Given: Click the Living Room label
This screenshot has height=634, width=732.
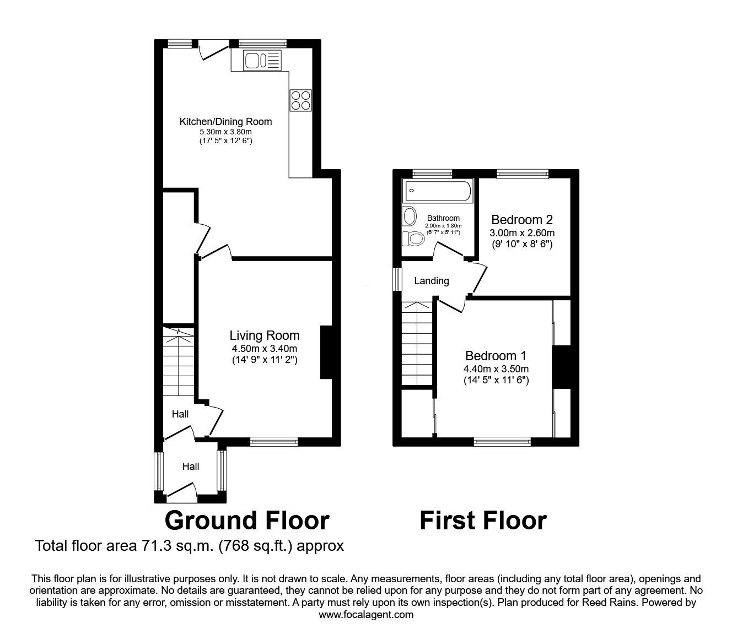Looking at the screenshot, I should [x=265, y=335].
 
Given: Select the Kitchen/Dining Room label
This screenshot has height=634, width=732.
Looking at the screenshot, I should [x=225, y=122].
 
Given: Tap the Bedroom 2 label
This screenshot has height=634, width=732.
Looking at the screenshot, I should [x=521, y=219].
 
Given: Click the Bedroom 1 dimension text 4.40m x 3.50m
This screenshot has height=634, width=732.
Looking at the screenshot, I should [x=496, y=369].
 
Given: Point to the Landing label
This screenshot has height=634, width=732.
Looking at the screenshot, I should [x=431, y=281].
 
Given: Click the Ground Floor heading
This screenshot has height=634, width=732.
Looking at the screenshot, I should [x=247, y=520].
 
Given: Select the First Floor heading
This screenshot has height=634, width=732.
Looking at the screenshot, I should [x=483, y=520].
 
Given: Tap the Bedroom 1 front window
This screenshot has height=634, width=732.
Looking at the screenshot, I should [x=502, y=441].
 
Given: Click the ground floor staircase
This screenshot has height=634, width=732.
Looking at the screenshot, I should [x=179, y=362].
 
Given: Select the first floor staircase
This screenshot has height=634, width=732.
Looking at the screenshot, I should [x=416, y=344].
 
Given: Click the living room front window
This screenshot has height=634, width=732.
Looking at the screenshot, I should [x=273, y=441].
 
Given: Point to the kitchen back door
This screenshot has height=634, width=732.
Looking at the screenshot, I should [x=213, y=49].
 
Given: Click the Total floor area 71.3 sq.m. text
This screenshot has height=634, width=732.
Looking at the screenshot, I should [x=189, y=546].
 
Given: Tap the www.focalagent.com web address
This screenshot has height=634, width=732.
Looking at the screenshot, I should [x=366, y=615].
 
